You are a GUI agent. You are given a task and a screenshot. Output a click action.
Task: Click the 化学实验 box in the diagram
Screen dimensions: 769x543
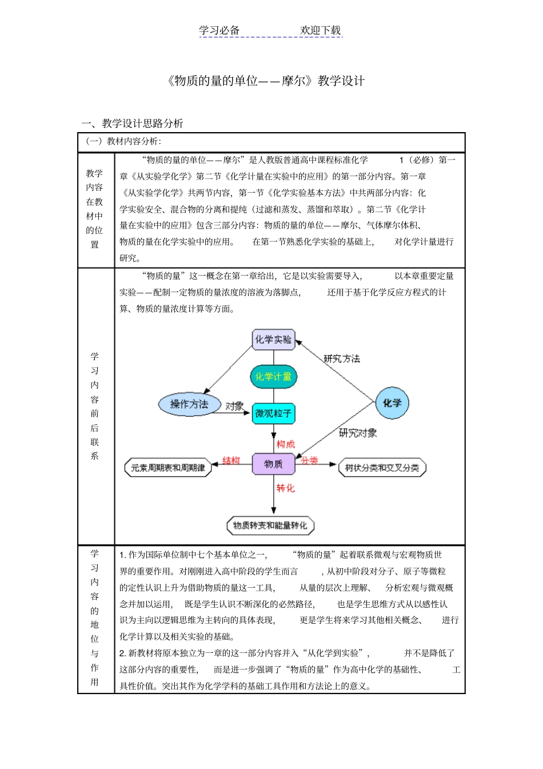[273, 339]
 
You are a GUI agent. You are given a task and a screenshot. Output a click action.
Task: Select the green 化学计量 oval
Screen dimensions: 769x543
[273, 376]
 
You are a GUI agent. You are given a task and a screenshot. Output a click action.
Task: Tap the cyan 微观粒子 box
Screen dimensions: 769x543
[273, 413]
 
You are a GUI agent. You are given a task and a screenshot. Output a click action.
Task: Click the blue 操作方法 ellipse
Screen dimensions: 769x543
[189, 404]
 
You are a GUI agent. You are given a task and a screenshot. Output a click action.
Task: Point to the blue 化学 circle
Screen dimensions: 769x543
[392, 403]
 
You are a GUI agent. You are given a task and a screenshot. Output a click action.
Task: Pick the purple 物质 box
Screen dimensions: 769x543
[273, 464]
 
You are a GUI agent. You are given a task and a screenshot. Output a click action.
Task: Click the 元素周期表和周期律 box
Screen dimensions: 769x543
[168, 468]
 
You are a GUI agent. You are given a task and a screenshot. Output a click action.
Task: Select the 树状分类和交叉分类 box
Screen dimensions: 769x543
[382, 468]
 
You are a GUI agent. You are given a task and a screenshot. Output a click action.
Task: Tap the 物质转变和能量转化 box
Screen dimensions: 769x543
[270, 525]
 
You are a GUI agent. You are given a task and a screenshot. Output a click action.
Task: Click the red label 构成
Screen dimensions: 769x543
[286, 444]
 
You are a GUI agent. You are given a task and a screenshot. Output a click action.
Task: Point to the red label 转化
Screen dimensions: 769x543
[286, 488]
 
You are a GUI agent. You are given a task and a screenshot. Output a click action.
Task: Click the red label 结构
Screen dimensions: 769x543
[231, 460]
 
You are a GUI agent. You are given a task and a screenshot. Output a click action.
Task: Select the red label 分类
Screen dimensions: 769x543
[310, 460]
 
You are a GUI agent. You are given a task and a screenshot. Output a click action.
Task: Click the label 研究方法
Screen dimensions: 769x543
[342, 358]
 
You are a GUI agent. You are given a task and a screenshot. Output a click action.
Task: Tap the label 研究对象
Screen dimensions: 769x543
[358, 433]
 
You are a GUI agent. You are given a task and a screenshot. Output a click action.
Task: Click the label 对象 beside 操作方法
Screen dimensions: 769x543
[234, 406]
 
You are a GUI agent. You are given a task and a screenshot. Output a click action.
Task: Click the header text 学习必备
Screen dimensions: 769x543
[219, 31]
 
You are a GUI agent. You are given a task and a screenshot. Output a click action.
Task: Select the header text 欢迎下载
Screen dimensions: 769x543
[320, 31]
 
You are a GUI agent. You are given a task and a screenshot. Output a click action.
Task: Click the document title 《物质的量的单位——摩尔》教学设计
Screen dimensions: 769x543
[266, 81]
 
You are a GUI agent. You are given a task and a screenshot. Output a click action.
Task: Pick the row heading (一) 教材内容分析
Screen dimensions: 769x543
[124, 141]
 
